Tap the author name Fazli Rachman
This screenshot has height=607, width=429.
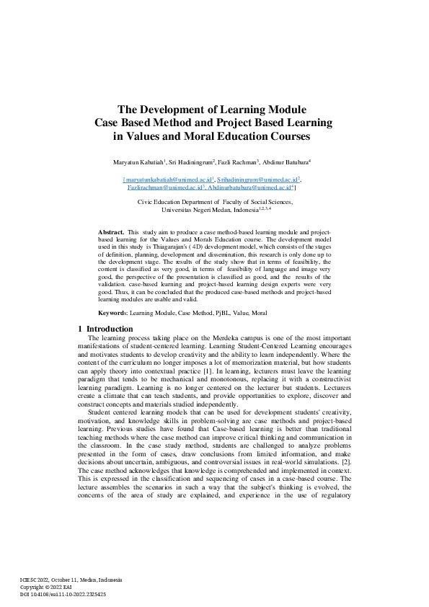tap(234, 161)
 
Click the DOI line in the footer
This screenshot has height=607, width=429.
tap(63, 594)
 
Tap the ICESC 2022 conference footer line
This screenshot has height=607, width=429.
tap(71, 580)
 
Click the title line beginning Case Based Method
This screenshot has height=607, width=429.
tap(213, 123)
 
